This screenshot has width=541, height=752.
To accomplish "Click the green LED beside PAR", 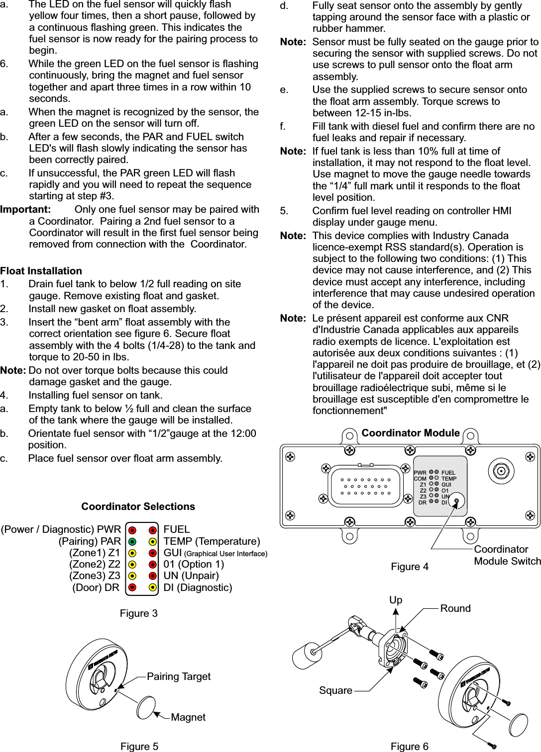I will coord(132,541).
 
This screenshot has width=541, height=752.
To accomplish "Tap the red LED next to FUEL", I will coord(153,529).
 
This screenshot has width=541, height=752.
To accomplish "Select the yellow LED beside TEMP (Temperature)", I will coord(153,541).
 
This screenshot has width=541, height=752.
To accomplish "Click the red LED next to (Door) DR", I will coord(132,587).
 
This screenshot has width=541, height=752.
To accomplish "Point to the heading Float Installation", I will coord(41,271).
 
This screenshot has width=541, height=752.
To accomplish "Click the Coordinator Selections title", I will coord(138,506).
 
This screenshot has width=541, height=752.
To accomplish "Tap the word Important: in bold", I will coord(25,210).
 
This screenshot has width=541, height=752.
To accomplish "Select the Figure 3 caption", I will coord(138,613).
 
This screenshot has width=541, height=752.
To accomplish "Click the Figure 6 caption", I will coord(409,747).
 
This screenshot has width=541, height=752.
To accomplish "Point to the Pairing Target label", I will coord(179,676).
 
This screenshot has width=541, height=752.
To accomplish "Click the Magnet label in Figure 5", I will coord(188,717).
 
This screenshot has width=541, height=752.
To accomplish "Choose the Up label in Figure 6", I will coord(396,600).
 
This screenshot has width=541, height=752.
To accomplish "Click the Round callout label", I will coord(455,608).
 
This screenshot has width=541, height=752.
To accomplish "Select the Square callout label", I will coord(335,690).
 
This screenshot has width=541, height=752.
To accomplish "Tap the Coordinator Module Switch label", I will coord(507,555).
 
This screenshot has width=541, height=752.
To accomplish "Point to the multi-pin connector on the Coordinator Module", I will coord(365,486).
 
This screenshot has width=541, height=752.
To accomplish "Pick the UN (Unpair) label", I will coord(191,576).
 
